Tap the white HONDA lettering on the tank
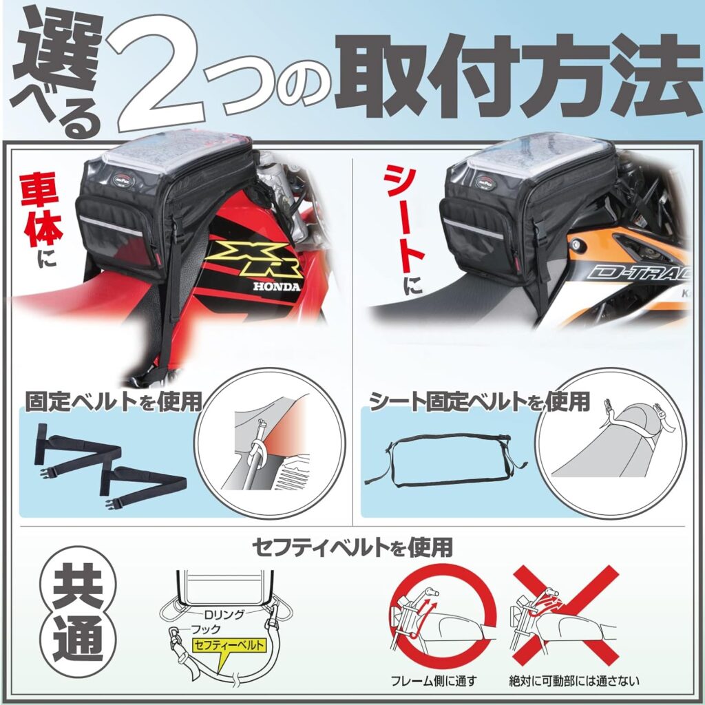tap(276, 286)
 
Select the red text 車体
tap(40, 218)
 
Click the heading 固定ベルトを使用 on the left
tap(114, 401)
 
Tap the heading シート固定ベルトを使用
tap(480, 401)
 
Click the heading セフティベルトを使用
tap(352, 547)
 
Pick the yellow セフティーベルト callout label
tap(229, 646)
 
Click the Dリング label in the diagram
tap(224, 614)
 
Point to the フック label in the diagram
tap(206, 629)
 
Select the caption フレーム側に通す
tap(434, 681)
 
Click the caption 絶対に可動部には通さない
tap(574, 681)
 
